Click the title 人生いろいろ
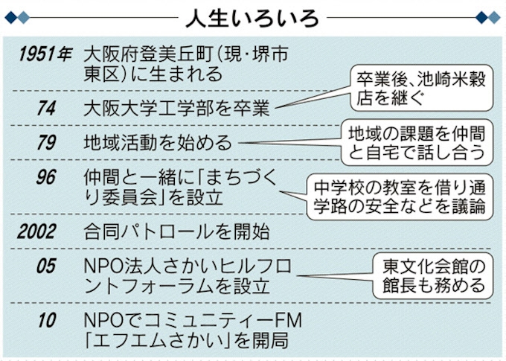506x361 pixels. tap(253, 16)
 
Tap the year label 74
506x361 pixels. tap(46, 108)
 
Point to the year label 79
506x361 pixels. tap(46, 144)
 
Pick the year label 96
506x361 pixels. tap(46, 179)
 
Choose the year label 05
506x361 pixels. tap(46, 266)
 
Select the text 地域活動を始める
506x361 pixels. tap(158, 144)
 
